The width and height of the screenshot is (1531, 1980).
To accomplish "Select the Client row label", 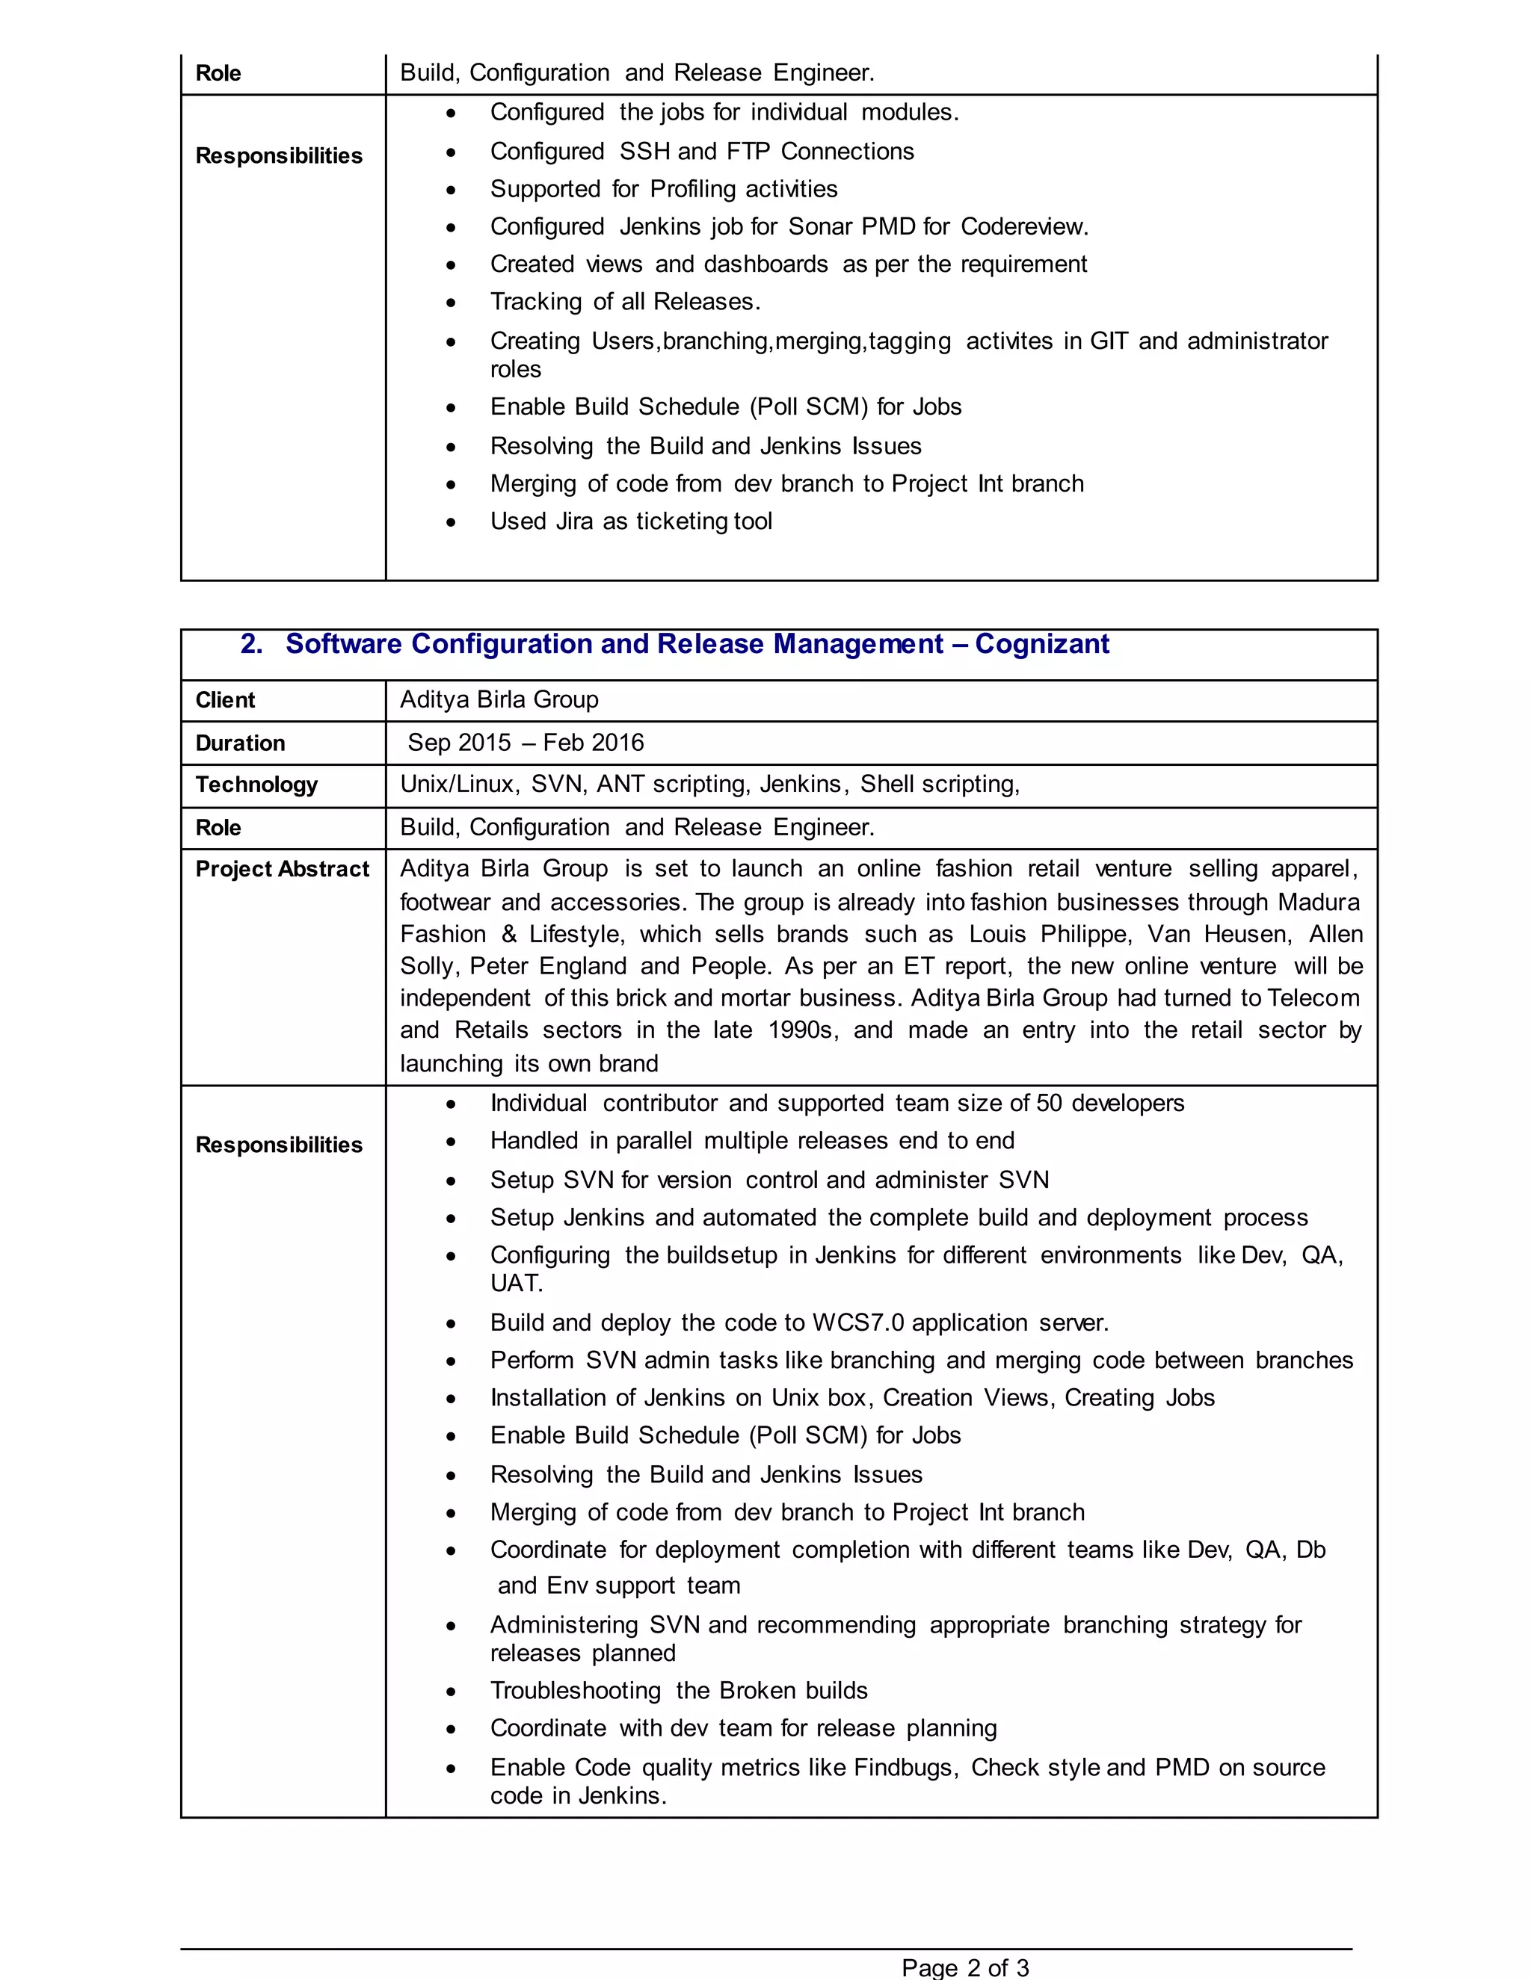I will pyautogui.click(x=225, y=700).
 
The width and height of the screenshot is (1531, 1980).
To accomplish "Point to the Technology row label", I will pyautogui.click(x=256, y=785).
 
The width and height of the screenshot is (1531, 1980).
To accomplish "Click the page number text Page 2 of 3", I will pyautogui.click(x=965, y=1967).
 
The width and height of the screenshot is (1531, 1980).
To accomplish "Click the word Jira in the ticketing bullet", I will pyautogui.click(x=568, y=522).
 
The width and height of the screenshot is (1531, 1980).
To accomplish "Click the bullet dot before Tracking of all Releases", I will pyautogui.click(x=451, y=303).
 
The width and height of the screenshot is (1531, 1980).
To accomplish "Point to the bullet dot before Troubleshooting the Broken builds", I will pyautogui.click(x=451, y=1692).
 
